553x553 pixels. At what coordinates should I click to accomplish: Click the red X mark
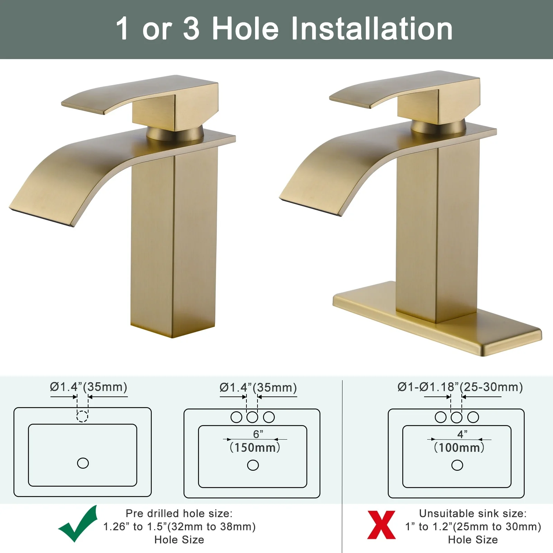click(381, 525)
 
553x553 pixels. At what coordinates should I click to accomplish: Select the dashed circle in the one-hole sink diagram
click(82, 416)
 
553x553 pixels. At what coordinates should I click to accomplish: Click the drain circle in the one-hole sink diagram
click(83, 463)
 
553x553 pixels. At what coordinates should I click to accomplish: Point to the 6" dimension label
click(258, 434)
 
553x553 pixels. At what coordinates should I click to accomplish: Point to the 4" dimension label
click(462, 434)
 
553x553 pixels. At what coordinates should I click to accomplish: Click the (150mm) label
click(255, 448)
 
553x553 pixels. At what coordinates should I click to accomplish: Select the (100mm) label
click(459, 448)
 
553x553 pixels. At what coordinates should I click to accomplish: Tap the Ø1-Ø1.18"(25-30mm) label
click(460, 387)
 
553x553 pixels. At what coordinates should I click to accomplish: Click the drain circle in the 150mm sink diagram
click(253, 465)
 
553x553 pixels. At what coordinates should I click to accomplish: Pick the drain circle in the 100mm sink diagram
click(457, 465)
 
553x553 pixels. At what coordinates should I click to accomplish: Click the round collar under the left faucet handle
click(175, 133)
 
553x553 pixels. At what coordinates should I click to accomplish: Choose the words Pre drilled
click(152, 514)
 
